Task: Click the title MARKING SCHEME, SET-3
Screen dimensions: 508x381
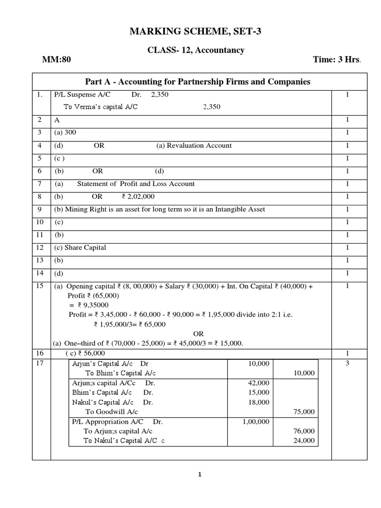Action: coord(194,32)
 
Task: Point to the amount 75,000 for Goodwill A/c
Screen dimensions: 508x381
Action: coord(304,412)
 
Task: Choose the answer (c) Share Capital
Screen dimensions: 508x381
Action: coord(80,248)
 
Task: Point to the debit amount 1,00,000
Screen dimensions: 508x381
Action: coord(256,421)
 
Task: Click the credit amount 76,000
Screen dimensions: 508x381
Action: coord(304,431)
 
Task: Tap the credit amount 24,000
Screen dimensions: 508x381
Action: coord(304,441)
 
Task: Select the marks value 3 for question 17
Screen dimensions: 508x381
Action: coord(347,364)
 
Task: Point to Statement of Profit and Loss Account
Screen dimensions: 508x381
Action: coord(135,184)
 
